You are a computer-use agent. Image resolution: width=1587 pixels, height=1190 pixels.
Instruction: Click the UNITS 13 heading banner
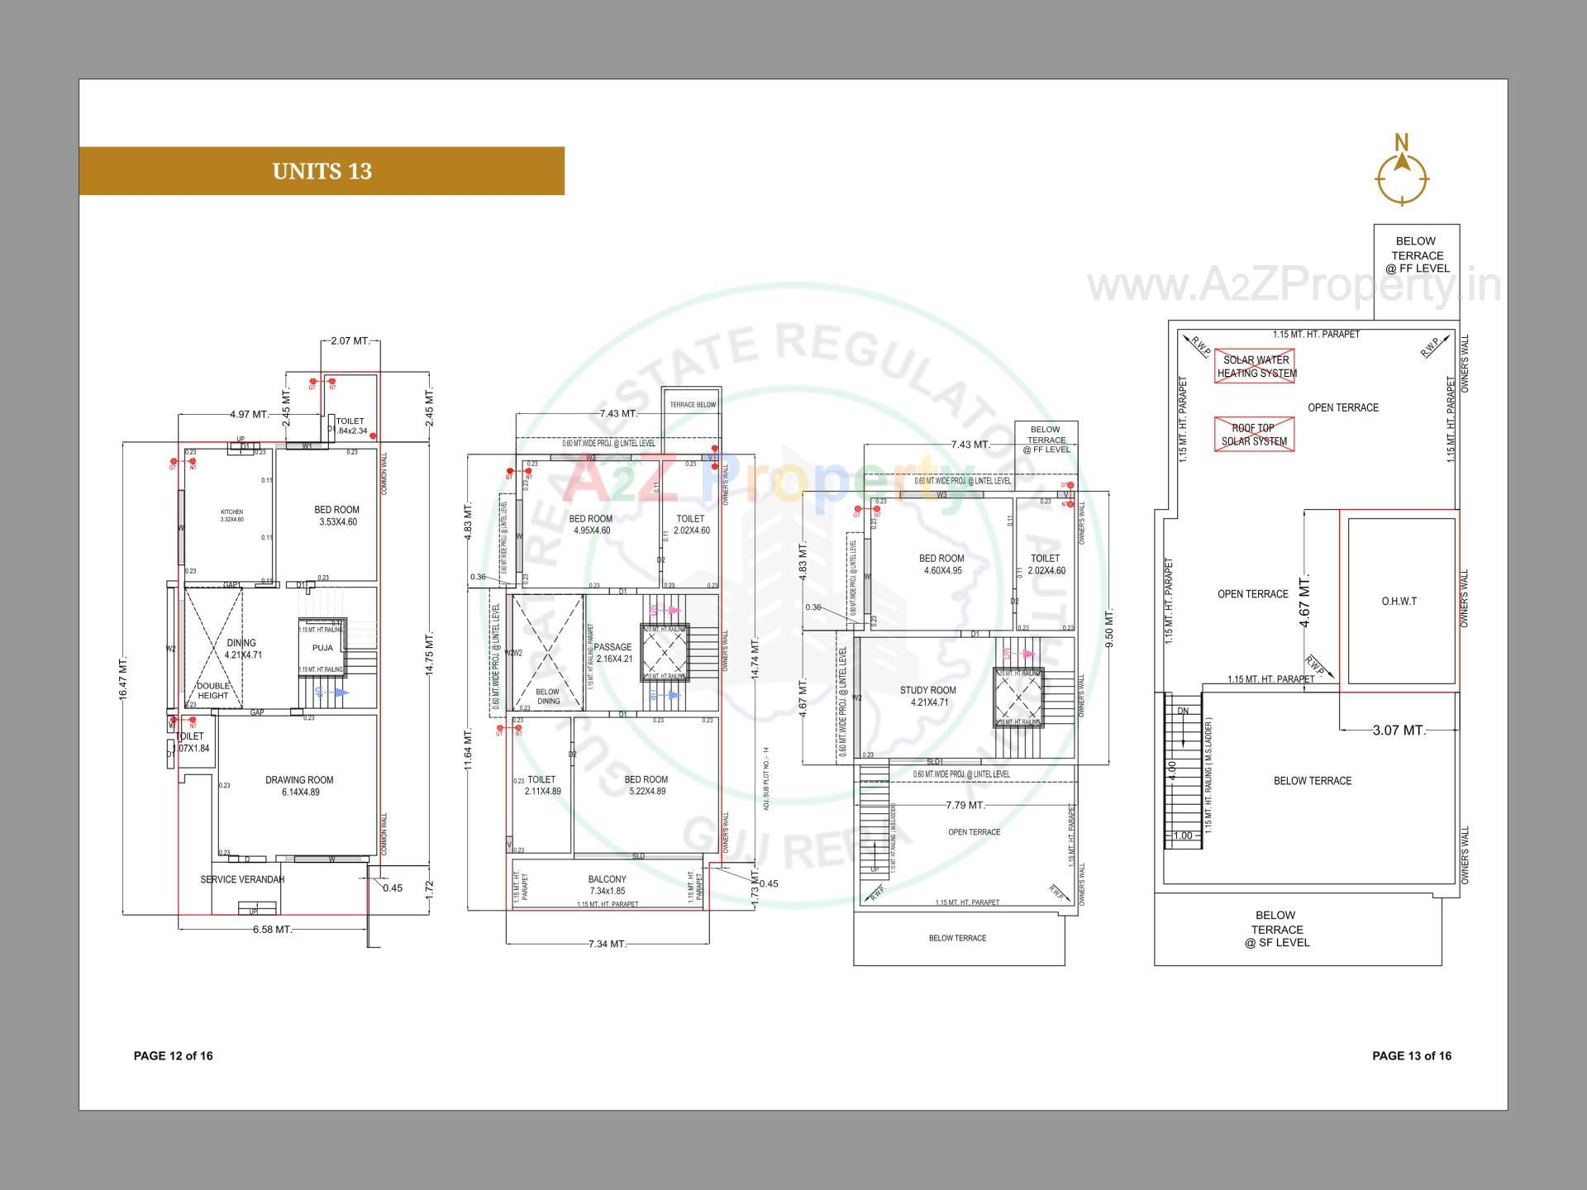pos(322,171)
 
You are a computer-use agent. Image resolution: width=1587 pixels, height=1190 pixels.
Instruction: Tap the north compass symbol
pos(1402,175)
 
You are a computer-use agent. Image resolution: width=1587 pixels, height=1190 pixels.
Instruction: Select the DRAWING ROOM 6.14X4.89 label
pos(298,786)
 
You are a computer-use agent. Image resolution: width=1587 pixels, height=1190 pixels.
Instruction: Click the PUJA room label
pos(322,649)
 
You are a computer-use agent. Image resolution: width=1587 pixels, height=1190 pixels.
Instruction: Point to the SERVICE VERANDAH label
pos(242,880)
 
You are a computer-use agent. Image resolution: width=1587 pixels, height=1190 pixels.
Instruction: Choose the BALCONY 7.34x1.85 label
pos(608,886)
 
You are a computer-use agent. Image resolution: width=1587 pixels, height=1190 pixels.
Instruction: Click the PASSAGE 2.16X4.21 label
pos(612,653)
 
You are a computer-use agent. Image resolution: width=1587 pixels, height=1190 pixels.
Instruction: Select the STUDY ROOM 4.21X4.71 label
pos(928,697)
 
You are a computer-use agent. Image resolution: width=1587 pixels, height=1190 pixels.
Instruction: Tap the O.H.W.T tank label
pos(1399,602)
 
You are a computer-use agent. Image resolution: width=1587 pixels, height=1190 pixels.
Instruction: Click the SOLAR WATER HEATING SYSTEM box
pos(1256,366)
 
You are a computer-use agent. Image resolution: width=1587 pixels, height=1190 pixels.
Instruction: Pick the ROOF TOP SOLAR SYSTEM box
pos(1254,435)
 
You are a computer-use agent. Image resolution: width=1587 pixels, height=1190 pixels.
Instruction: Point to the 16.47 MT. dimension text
pos(124,679)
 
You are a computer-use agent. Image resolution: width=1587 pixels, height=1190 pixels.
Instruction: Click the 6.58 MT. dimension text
pos(272,930)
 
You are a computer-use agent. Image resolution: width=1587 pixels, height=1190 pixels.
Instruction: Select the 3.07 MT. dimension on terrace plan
pos(1399,731)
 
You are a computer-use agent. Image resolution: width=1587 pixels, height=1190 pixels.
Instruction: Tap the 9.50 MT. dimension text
pos(1109,628)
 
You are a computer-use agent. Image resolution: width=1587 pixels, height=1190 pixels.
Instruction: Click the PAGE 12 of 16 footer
pos(173,1056)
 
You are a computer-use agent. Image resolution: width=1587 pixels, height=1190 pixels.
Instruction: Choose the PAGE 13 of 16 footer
pos(1411,1056)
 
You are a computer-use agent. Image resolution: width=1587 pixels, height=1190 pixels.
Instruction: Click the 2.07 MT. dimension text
pos(350,341)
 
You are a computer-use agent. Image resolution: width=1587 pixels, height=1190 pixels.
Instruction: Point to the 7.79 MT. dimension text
pos(965,805)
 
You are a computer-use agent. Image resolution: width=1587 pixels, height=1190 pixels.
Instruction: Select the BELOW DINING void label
pos(547,697)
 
